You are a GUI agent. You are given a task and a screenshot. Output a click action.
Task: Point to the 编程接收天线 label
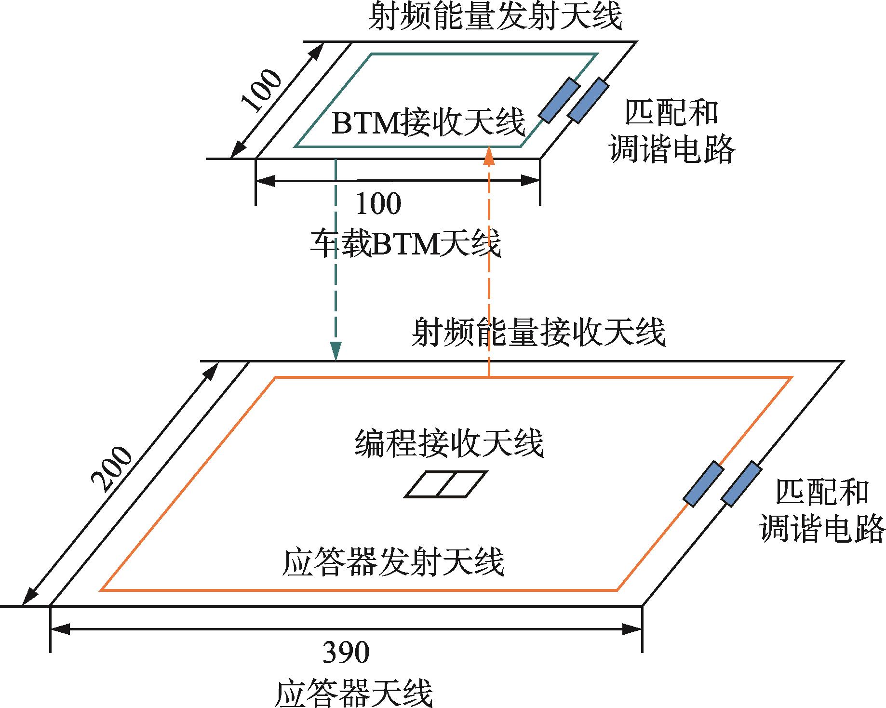coord(449,443)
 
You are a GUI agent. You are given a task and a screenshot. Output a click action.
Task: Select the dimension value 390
coord(346,653)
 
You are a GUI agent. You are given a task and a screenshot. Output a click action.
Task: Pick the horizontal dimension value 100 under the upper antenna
coord(378,204)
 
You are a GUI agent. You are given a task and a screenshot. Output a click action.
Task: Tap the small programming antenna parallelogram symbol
coord(445,484)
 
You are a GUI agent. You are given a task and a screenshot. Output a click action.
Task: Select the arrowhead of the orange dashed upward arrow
coord(489,155)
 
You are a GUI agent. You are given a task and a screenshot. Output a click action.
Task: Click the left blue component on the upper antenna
coord(559,100)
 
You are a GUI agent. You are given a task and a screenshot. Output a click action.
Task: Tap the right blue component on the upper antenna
coord(588,100)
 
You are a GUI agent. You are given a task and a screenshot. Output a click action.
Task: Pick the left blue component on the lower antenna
coord(704,483)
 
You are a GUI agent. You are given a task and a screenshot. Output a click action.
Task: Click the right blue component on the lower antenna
coord(741,483)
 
